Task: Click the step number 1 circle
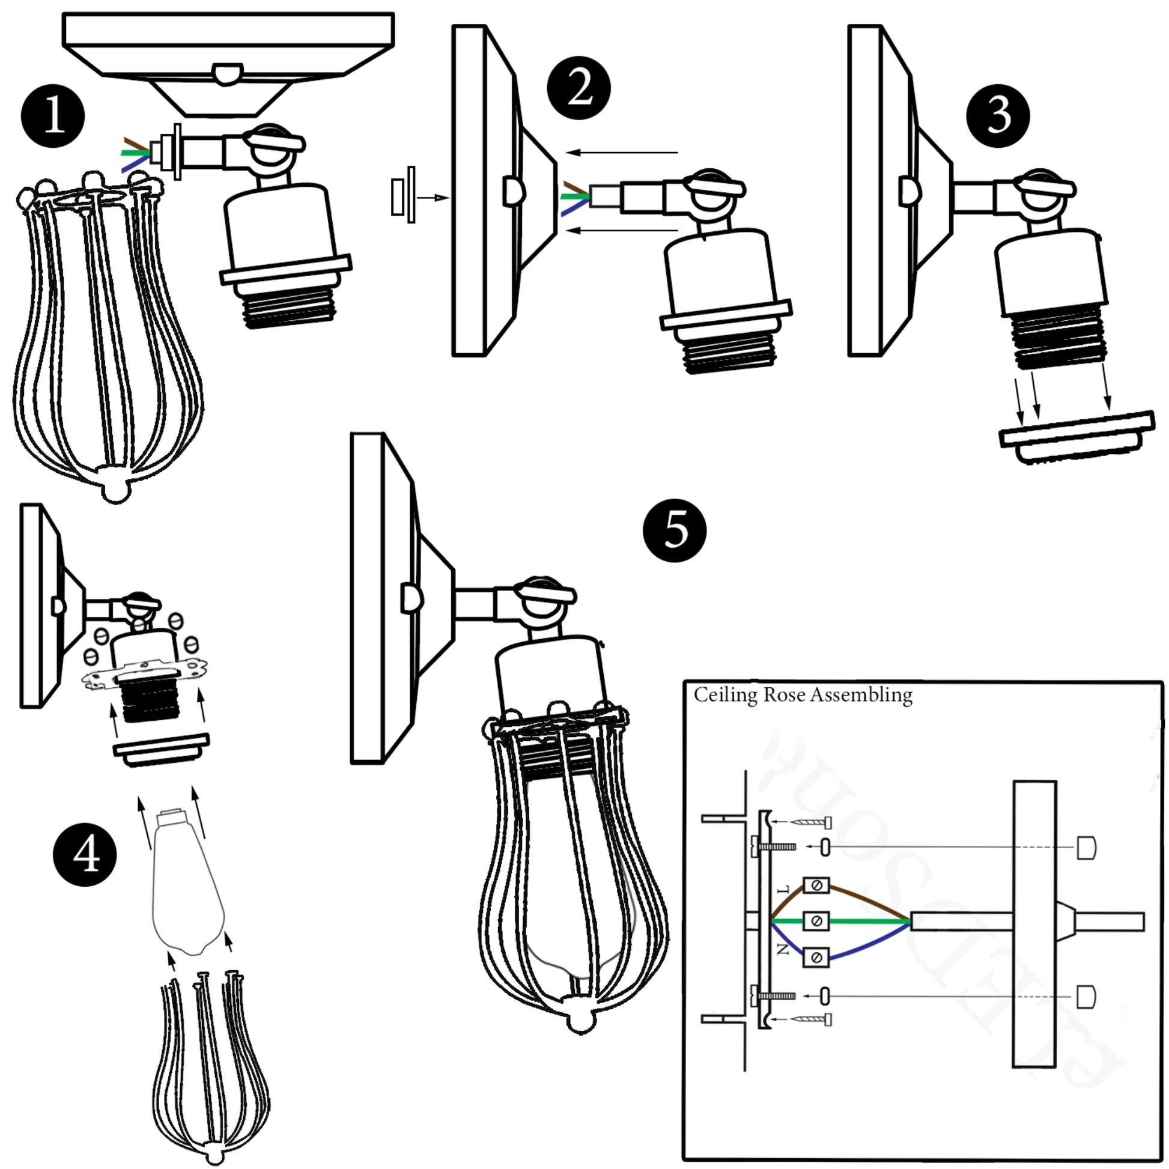coord(53,115)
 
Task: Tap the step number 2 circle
coord(578,88)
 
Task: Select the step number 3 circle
coord(998,115)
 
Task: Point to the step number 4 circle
coord(85,855)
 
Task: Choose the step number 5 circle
coord(675,530)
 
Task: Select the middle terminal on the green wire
coord(816,922)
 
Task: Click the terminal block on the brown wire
coord(816,886)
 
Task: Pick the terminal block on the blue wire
coord(816,957)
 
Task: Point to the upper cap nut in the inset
coord(1086,848)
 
